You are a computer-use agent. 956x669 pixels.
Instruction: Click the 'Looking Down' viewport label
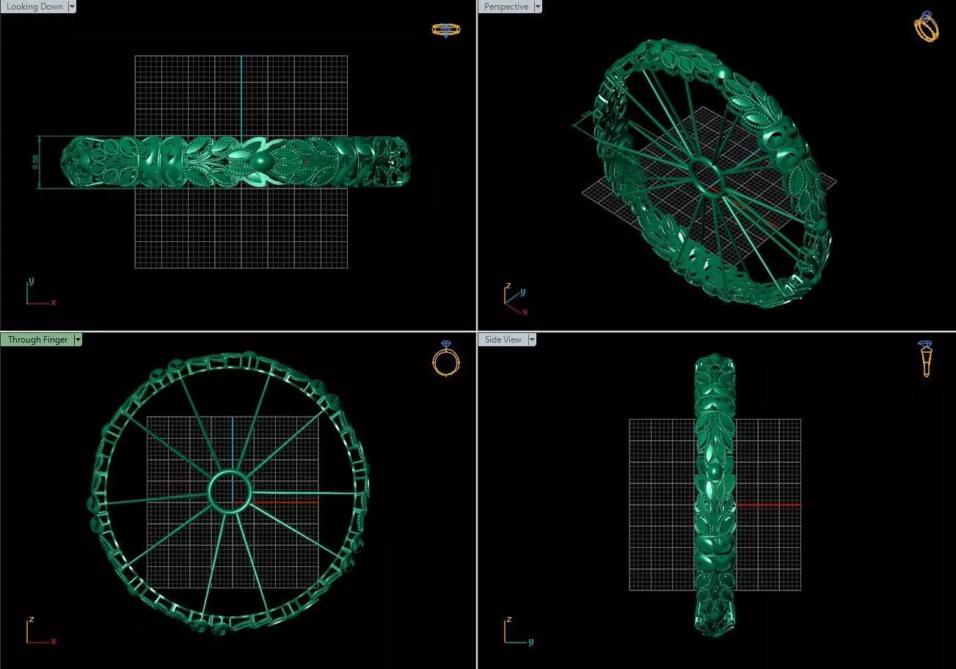point(34,7)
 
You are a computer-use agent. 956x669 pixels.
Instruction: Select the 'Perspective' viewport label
point(506,7)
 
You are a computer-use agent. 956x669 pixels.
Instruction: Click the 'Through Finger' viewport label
point(37,340)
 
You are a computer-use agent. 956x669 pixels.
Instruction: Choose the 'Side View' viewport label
point(503,340)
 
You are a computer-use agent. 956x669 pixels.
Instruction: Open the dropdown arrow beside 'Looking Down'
point(71,7)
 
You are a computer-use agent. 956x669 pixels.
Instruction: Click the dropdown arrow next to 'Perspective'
point(538,7)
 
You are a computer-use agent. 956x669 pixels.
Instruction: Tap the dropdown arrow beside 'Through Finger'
point(78,340)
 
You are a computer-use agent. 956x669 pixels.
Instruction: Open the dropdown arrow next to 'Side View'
point(531,340)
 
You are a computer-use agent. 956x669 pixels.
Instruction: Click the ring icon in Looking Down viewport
point(445,29)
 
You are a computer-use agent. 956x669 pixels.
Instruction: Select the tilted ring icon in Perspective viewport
point(926,27)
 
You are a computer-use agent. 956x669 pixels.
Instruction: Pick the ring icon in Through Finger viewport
point(445,359)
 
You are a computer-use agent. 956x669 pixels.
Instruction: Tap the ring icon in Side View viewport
point(925,359)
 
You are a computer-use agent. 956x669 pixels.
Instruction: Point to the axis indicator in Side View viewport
point(517,632)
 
